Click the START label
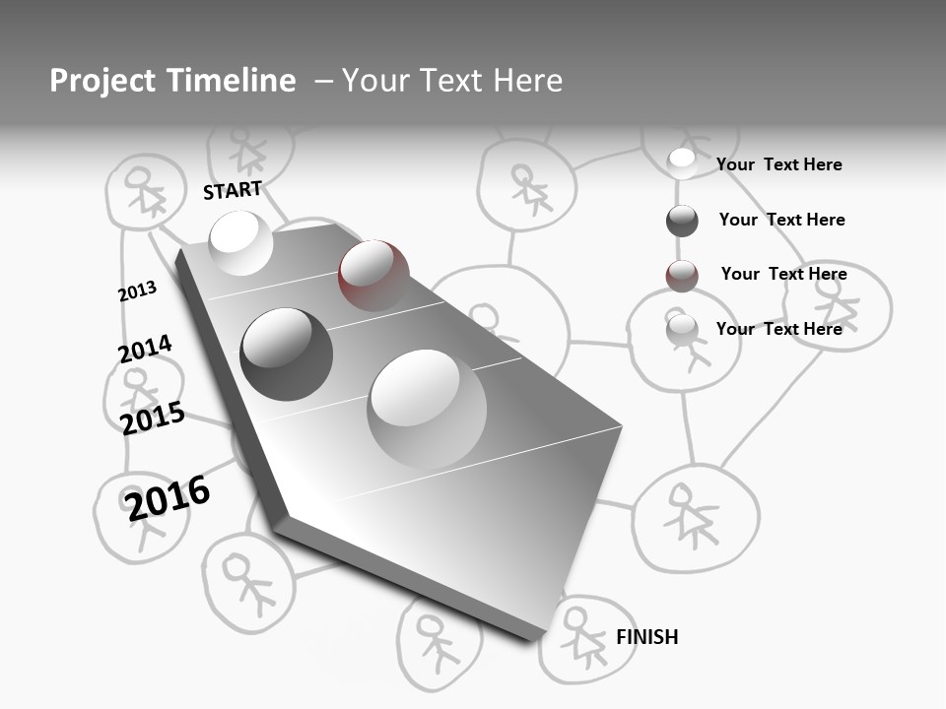tap(233, 190)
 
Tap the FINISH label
tap(646, 637)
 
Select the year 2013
tap(137, 291)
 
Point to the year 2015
tap(152, 419)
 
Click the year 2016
tap(168, 498)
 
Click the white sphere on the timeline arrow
tap(241, 242)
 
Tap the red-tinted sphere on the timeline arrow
tap(373, 275)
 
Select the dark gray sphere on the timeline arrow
tap(286, 354)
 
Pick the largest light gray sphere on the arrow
tap(427, 409)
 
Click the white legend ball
tap(682, 162)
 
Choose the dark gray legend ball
tap(682, 221)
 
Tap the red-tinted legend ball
tap(682, 276)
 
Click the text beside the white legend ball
tap(778, 164)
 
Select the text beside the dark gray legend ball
tap(781, 220)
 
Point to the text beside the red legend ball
tap(783, 274)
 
